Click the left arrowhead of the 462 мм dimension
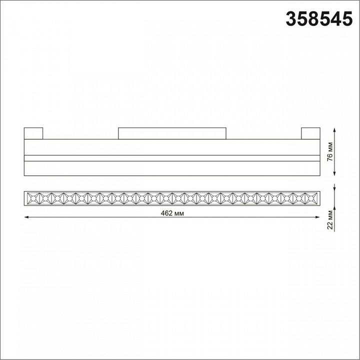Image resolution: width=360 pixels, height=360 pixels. [x=26, y=217]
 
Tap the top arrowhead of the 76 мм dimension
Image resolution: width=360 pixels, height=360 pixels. [x=334, y=130]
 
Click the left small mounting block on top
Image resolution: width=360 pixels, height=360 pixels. [x=33, y=133]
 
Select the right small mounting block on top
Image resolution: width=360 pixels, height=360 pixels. [x=309, y=133]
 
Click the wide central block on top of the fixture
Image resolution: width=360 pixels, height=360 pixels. [x=172, y=133]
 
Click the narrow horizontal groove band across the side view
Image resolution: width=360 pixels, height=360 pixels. [x=171, y=158]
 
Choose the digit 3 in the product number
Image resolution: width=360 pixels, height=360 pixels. [x=290, y=19]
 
